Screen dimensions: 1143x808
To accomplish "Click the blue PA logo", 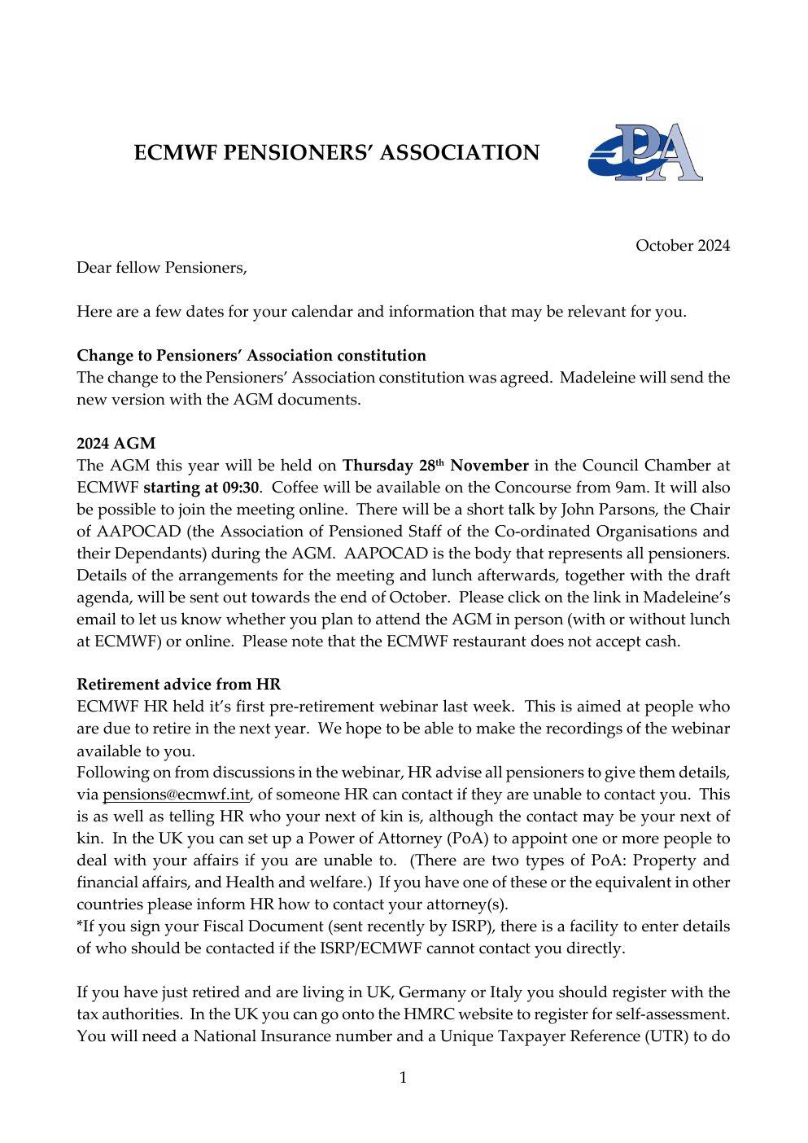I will coord(645,152).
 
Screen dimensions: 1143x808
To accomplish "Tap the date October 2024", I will coord(682,245).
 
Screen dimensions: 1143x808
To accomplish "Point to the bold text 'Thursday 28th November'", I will coord(435,466).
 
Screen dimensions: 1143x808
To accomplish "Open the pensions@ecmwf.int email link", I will coord(176,794).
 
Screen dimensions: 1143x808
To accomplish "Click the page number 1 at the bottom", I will coord(403,1078).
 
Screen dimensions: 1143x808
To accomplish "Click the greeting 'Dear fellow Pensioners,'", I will coord(161,267).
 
